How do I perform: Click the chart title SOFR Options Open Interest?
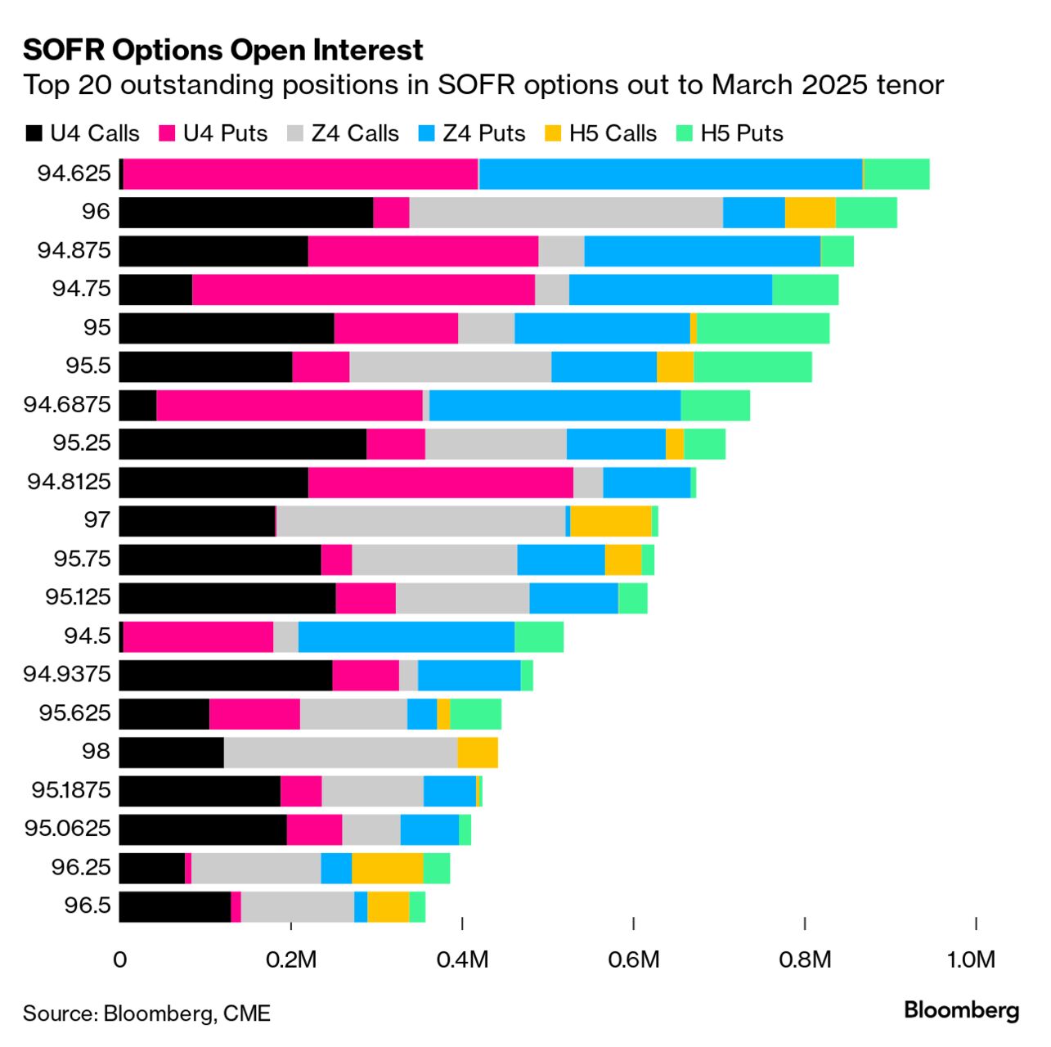pyautogui.click(x=222, y=50)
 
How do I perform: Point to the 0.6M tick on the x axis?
pyautogui.click(x=634, y=959)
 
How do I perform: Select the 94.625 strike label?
pyautogui.click(x=74, y=173)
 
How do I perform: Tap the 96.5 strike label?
pyautogui.click(x=87, y=906)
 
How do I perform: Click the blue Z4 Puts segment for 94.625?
pyautogui.click(x=671, y=173)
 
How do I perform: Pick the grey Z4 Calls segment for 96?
pyautogui.click(x=566, y=212)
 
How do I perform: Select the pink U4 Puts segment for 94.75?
pyautogui.click(x=363, y=290)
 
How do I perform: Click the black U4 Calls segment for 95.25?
pyautogui.click(x=243, y=443)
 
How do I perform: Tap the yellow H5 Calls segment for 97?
pyautogui.click(x=611, y=520)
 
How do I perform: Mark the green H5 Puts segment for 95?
pyautogui.click(x=763, y=328)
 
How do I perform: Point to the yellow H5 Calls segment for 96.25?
pyautogui.click(x=388, y=868)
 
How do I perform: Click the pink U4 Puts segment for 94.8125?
pyautogui.click(x=441, y=482)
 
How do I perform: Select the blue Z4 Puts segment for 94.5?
pyautogui.click(x=406, y=636)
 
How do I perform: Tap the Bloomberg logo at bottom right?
pyautogui.click(x=961, y=1010)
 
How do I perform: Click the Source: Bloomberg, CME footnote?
pyautogui.click(x=146, y=1013)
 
